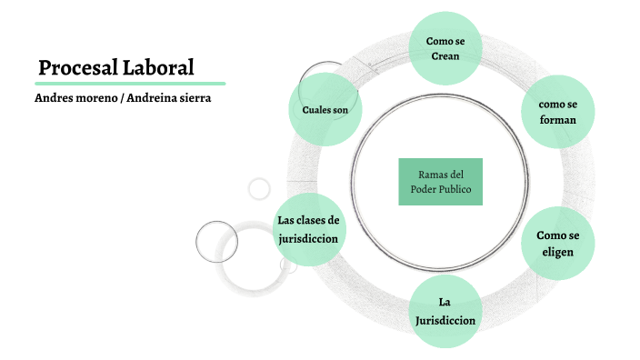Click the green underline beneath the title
pyautogui.click(x=129, y=84)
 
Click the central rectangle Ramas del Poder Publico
pyautogui.click(x=441, y=181)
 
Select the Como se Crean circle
pyautogui.click(x=445, y=47)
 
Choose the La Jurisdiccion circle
pyautogui.click(x=445, y=311)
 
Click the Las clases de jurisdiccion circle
pyautogui.click(x=309, y=229)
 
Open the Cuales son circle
pyautogui.click(x=325, y=110)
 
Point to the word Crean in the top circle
pyautogui.click(x=445, y=56)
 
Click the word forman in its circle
pyautogui.click(x=558, y=120)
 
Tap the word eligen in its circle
pyautogui.click(x=558, y=252)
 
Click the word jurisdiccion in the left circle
pyautogui.click(x=309, y=239)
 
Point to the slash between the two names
pyautogui.click(x=123, y=97)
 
